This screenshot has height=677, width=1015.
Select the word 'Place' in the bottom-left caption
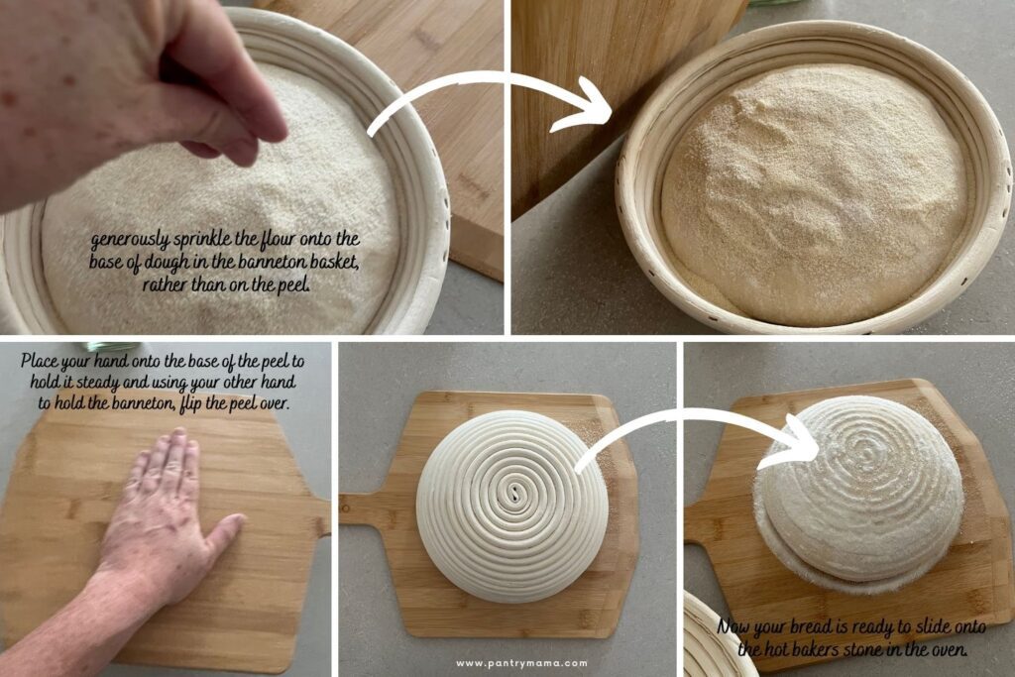coord(43,362)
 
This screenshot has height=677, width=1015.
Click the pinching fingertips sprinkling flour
coord(238,149)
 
